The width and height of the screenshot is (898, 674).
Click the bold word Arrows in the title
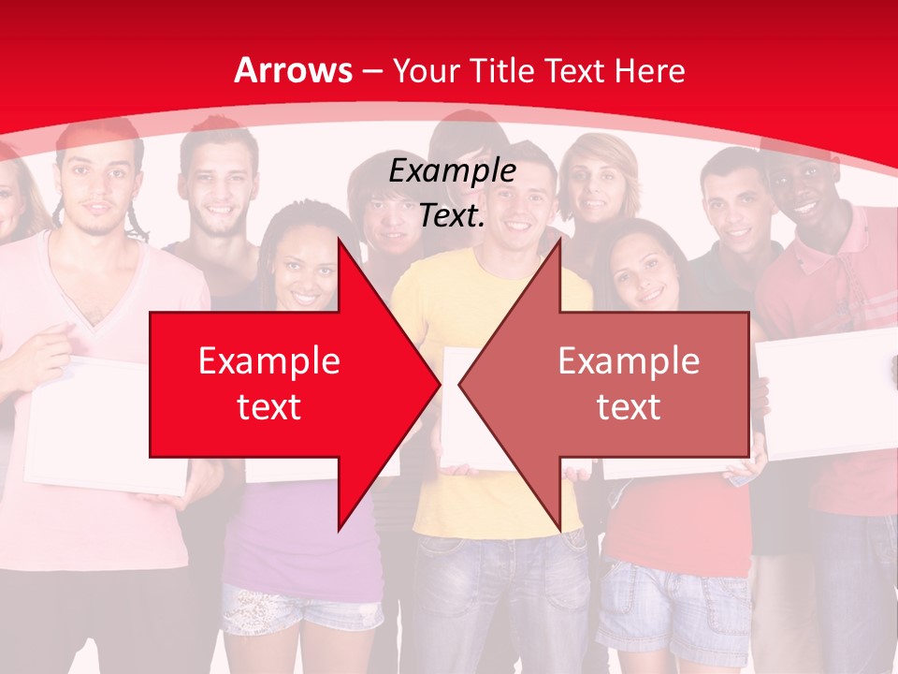click(294, 71)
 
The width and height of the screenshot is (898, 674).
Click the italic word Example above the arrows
click(452, 171)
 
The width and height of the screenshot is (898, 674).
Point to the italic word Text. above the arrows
click(452, 216)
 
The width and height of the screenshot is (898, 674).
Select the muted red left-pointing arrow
click(617, 384)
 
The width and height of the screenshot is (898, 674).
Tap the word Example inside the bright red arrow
click(269, 361)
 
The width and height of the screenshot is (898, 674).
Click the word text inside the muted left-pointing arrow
click(629, 406)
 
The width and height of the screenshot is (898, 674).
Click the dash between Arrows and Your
click(371, 71)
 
